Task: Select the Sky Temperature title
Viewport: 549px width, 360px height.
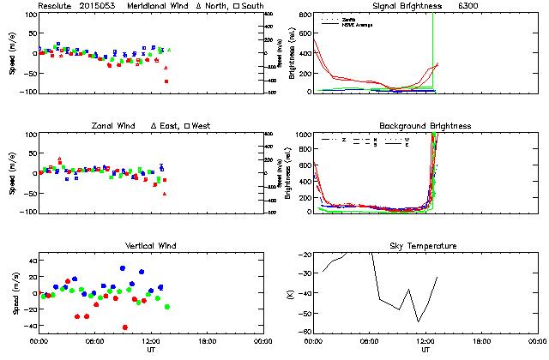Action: [x=425, y=246]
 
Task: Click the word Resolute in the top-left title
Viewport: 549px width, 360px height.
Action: [x=57, y=6]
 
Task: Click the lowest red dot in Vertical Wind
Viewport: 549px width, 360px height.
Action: [x=125, y=327]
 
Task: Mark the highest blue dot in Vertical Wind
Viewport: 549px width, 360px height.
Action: [x=123, y=268]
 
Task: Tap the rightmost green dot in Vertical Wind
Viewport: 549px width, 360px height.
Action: [x=167, y=306]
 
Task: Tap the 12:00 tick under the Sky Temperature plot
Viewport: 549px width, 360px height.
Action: [x=425, y=340]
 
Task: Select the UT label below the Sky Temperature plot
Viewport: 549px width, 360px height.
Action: [x=425, y=350]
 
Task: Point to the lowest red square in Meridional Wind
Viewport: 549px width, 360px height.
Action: [x=166, y=81]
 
